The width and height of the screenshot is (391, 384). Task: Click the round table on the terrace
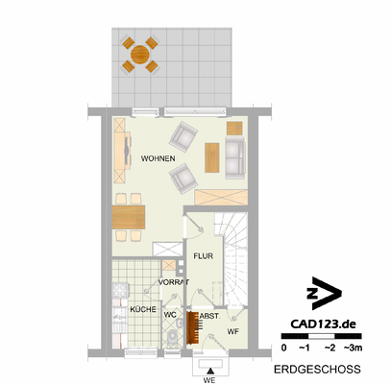[140, 54]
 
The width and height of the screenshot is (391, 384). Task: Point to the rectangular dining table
[128, 217]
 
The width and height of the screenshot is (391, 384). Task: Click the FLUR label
[202, 256]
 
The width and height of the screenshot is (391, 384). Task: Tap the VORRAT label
[174, 282]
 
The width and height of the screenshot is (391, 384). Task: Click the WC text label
[169, 313]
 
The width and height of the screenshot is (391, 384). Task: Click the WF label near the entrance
[232, 331]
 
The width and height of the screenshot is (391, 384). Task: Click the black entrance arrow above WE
[209, 368]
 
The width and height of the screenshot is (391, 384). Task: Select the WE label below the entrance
[209, 379]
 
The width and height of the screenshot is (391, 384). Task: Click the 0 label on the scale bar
[283, 347]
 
